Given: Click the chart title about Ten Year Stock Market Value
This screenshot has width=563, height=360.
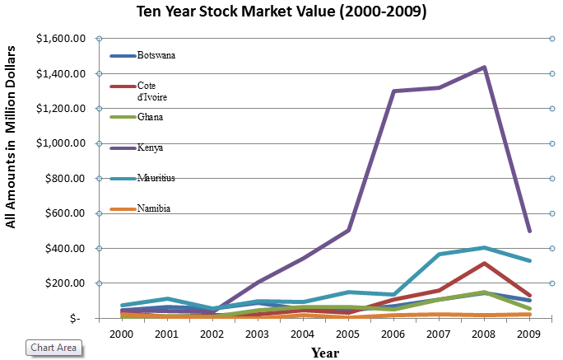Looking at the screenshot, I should tap(281, 13).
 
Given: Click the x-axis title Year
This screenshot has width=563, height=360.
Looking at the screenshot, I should tap(327, 353).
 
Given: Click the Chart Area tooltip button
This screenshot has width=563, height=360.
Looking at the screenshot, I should tap(54, 348).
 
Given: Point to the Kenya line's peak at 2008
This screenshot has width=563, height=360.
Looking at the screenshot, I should tap(484, 67).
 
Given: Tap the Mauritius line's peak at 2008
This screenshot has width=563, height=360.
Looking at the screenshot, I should tap(484, 247).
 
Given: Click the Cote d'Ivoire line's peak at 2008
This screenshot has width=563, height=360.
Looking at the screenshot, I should tap(484, 264).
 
